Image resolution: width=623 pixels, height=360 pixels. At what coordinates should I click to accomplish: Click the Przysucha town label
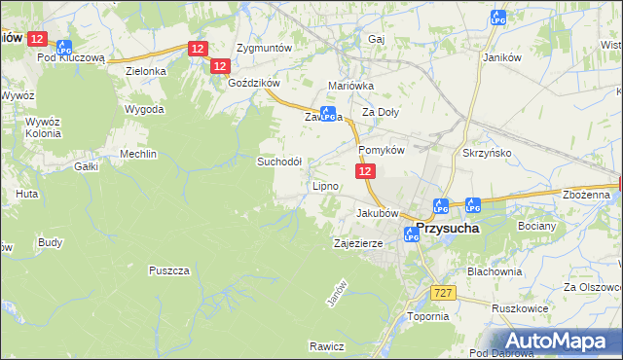(451, 230)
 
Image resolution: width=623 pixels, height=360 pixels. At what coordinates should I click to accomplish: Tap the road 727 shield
(443, 291)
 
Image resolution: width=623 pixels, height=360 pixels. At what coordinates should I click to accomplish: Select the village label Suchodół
(279, 161)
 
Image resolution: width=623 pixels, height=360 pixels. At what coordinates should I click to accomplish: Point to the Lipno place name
(325, 185)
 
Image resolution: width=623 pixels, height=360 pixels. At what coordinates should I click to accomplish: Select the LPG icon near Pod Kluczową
(64, 46)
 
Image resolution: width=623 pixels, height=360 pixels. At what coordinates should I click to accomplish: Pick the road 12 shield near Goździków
(219, 65)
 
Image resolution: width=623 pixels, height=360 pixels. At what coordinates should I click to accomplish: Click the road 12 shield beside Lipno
(364, 171)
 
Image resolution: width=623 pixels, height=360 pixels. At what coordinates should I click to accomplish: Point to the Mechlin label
(137, 154)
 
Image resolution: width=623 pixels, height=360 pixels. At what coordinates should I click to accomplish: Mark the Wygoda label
(144, 109)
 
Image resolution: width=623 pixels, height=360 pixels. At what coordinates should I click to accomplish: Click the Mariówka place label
(351, 86)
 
